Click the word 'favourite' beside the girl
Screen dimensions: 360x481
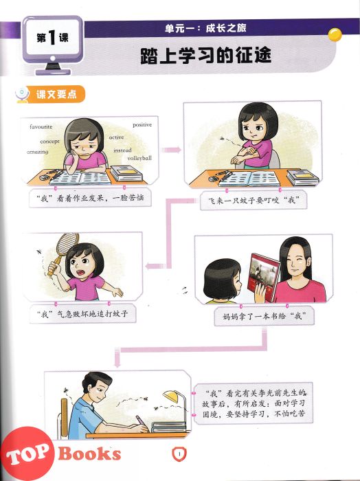41,126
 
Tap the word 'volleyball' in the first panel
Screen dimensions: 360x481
139,158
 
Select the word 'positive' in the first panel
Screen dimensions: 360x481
142,125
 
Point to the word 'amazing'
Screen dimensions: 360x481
37,152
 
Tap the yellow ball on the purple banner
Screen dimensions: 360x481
335,34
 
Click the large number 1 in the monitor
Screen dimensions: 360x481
52,38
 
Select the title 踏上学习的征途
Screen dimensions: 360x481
205,56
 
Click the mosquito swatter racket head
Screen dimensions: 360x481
67,243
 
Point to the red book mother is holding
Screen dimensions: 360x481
265,277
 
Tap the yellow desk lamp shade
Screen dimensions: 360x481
171,396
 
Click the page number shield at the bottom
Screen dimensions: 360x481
179,454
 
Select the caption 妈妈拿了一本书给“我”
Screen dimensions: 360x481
264,315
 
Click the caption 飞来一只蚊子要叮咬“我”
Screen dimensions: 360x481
254,201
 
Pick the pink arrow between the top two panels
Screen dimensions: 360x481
171,150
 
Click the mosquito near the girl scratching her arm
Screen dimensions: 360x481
222,138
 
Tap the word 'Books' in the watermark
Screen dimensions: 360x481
89,454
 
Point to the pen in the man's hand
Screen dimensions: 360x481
140,420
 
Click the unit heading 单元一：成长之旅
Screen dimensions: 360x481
205,29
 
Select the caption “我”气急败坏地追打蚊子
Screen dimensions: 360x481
82,314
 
